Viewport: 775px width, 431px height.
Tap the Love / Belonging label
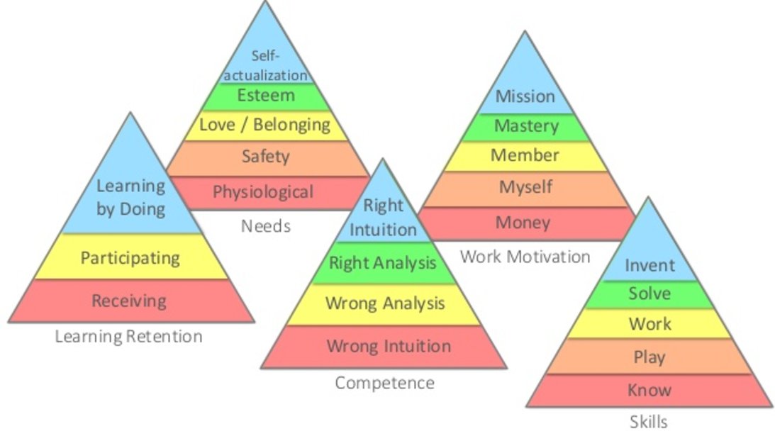click(264, 125)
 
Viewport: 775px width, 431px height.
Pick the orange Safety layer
click(265, 157)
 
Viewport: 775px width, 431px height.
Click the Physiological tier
click(262, 191)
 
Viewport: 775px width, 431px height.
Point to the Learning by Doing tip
click(130, 198)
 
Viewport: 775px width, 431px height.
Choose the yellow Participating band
click(130, 257)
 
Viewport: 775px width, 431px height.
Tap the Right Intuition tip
click(383, 217)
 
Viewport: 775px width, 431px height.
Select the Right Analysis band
click(383, 264)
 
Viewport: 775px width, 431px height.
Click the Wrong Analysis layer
click(385, 304)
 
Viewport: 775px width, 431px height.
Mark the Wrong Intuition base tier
click(388, 347)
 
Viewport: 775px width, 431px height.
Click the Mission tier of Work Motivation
click(525, 96)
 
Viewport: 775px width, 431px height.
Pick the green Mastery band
click(526, 127)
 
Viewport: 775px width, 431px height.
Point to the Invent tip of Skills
click(649, 264)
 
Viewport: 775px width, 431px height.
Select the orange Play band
click(649, 357)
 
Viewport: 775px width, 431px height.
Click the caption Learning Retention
click(128, 336)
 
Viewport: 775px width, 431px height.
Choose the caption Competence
click(384, 384)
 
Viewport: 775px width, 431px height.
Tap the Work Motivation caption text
click(525, 257)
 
